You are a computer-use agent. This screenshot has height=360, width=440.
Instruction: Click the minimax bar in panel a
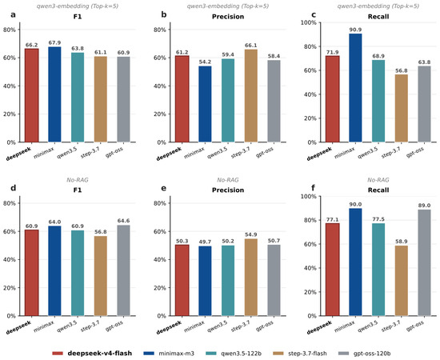click(x=54, y=94)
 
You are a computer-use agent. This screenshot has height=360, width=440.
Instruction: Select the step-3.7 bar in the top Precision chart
click(x=251, y=96)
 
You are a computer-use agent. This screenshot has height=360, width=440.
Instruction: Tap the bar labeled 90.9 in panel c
click(x=355, y=88)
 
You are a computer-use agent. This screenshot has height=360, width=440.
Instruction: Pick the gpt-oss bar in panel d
click(x=123, y=270)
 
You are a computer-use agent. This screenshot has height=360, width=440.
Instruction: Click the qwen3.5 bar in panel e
click(x=228, y=281)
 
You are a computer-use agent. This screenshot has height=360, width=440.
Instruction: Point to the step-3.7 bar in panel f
click(x=402, y=281)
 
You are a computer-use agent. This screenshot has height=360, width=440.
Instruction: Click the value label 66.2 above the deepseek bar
click(x=32, y=45)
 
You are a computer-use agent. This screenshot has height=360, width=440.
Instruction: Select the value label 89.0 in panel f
click(x=424, y=206)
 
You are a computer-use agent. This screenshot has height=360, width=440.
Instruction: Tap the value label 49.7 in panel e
click(x=205, y=242)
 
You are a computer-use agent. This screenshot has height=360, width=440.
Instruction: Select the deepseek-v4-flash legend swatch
click(x=58, y=354)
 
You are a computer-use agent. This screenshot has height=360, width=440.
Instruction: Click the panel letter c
click(x=314, y=14)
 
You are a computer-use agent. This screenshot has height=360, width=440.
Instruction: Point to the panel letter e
click(x=163, y=188)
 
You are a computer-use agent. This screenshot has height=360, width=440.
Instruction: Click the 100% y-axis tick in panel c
click(x=308, y=22)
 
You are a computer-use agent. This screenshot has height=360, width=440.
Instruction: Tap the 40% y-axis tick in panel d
click(x=10, y=259)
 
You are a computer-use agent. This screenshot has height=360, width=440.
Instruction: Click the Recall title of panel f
click(x=378, y=190)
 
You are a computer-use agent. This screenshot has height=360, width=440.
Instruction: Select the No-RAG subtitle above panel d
click(x=78, y=180)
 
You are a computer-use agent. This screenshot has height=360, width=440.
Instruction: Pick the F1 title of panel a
click(x=78, y=17)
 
